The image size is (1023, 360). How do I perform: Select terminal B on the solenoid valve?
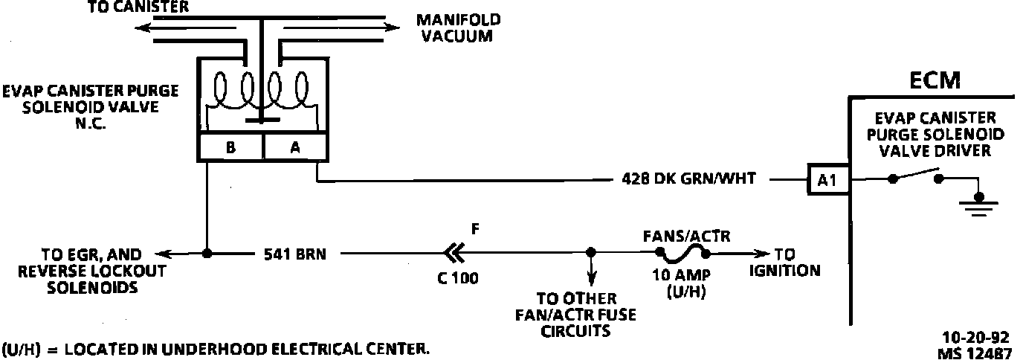tap(230, 147)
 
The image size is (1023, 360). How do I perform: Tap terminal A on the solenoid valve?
tap(294, 147)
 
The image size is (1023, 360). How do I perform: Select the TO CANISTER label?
tap(138, 7)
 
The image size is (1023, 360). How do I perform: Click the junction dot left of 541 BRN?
tap(207, 254)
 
